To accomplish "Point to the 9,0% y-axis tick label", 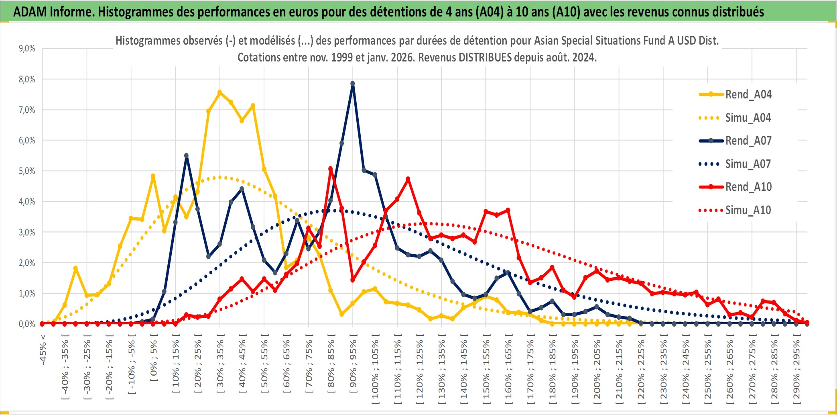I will click(27, 49).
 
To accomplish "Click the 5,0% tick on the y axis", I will click(27, 171).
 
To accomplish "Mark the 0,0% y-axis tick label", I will click(27, 324).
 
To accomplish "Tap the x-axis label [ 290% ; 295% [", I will click(796, 370).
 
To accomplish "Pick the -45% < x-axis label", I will click(43, 350).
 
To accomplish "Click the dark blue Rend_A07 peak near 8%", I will click(353, 84).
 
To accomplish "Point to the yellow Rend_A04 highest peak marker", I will click(219, 92).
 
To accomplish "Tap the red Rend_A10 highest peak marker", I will click(331, 169).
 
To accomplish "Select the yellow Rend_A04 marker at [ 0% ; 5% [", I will click(153, 176).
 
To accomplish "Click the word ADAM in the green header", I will click(30, 12).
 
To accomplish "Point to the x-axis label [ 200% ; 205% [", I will click(597, 370).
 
